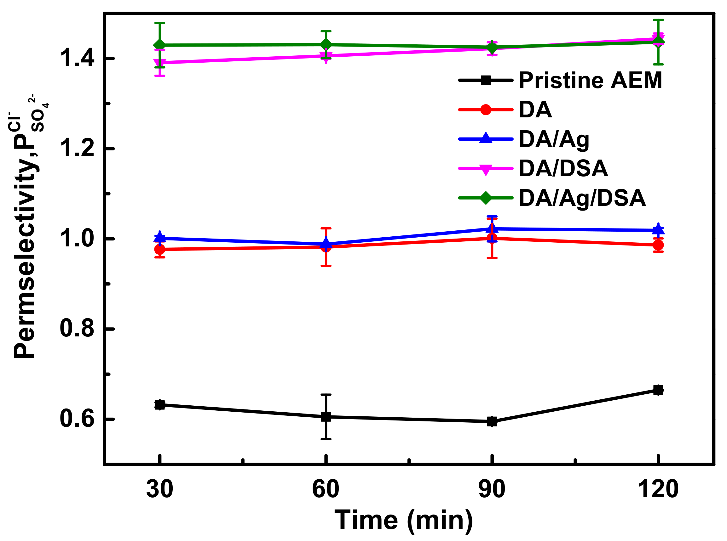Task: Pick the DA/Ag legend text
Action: click(x=554, y=139)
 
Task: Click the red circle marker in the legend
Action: click(x=486, y=110)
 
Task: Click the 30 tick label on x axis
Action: click(x=160, y=489)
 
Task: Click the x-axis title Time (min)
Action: click(x=404, y=520)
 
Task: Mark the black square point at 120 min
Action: click(x=658, y=390)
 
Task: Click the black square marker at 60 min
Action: click(x=326, y=417)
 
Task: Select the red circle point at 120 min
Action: click(x=658, y=245)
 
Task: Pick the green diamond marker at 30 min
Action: click(x=160, y=45)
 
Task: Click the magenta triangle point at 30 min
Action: click(x=160, y=63)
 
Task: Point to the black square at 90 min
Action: click(x=492, y=422)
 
